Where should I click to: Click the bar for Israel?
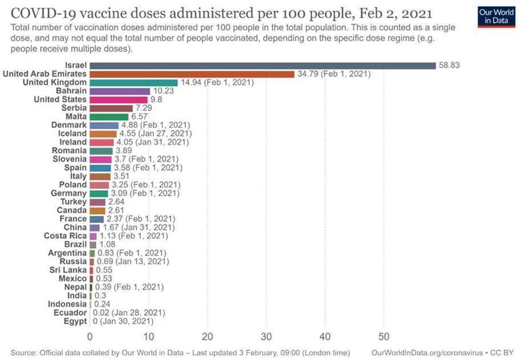point(262,66)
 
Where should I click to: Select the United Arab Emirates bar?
point(192,74)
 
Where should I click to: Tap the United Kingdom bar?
point(133,83)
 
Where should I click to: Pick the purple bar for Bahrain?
point(120,91)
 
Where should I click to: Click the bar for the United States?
point(119,100)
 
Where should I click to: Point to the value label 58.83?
point(449,66)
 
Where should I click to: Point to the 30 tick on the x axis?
point(266,335)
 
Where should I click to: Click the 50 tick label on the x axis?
point(384,335)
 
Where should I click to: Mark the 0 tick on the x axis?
point(90,335)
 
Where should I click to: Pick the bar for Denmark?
point(104,125)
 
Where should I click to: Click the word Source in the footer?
point(24,352)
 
